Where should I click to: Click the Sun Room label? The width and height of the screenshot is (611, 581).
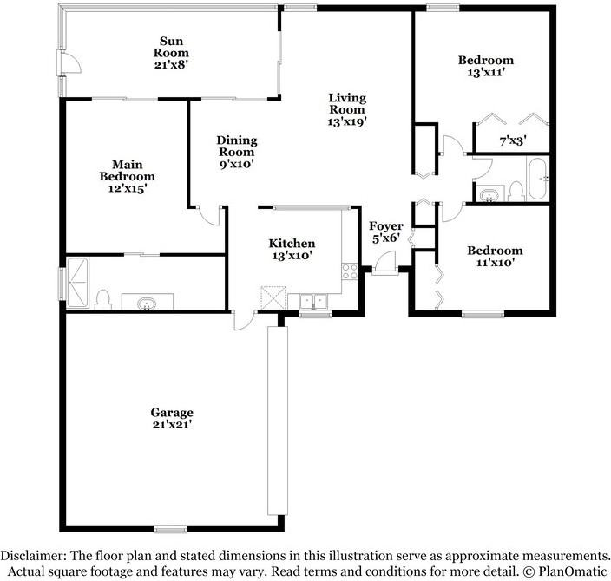(171, 47)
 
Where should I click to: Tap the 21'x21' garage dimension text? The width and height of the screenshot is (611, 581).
(172, 424)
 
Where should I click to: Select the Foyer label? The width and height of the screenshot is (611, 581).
(385, 225)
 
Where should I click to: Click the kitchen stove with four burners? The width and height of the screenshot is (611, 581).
(350, 271)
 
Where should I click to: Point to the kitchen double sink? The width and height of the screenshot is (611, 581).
(313, 302)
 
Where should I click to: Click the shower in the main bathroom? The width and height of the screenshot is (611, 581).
(78, 283)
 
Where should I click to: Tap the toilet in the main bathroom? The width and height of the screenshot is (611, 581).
(103, 300)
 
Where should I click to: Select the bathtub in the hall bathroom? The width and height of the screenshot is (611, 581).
(538, 179)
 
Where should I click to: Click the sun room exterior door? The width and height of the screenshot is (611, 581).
(70, 62)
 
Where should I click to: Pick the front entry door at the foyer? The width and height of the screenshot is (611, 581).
(385, 264)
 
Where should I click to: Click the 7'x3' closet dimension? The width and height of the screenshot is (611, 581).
(513, 141)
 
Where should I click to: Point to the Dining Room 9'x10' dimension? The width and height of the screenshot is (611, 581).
(237, 165)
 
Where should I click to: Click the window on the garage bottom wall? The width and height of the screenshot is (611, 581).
(170, 529)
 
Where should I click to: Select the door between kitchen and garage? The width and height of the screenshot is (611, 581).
(245, 320)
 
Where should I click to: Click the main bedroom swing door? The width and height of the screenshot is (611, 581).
(210, 215)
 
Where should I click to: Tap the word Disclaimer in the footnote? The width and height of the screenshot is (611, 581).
(32, 555)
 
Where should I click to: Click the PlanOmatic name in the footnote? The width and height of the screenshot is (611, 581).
(573, 571)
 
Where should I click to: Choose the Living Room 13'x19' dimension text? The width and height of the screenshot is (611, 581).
(347, 122)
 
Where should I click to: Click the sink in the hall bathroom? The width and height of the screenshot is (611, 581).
(489, 195)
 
